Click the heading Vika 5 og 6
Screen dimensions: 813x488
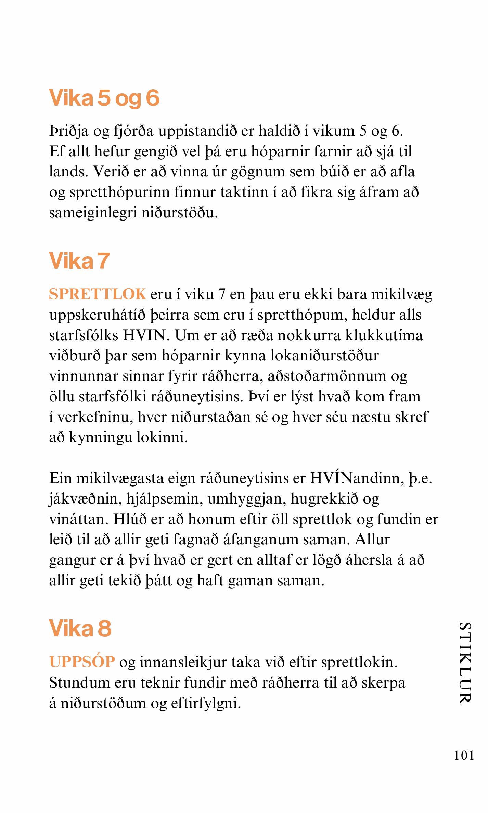coord(104,98)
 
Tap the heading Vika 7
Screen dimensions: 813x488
coord(79,261)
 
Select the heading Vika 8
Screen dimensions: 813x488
coord(80,628)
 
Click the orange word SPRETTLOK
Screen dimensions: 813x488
coord(98,294)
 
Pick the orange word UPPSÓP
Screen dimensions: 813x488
coord(82,662)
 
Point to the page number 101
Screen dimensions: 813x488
coord(464,755)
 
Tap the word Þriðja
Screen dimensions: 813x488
coord(69,131)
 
